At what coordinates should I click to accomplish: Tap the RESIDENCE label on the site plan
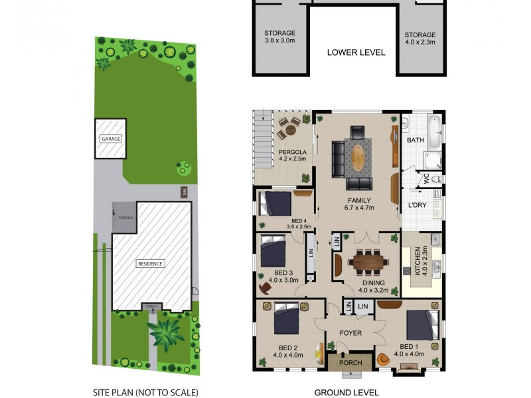tap(150, 263)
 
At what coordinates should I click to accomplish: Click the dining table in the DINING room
tap(368, 261)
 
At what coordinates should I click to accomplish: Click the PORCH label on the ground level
tap(350, 362)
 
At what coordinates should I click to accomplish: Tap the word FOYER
tap(350, 333)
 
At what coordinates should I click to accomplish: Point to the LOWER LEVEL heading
tap(356, 52)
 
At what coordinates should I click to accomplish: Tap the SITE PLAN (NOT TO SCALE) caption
tap(145, 392)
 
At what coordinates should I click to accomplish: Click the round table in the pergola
tap(289, 125)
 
